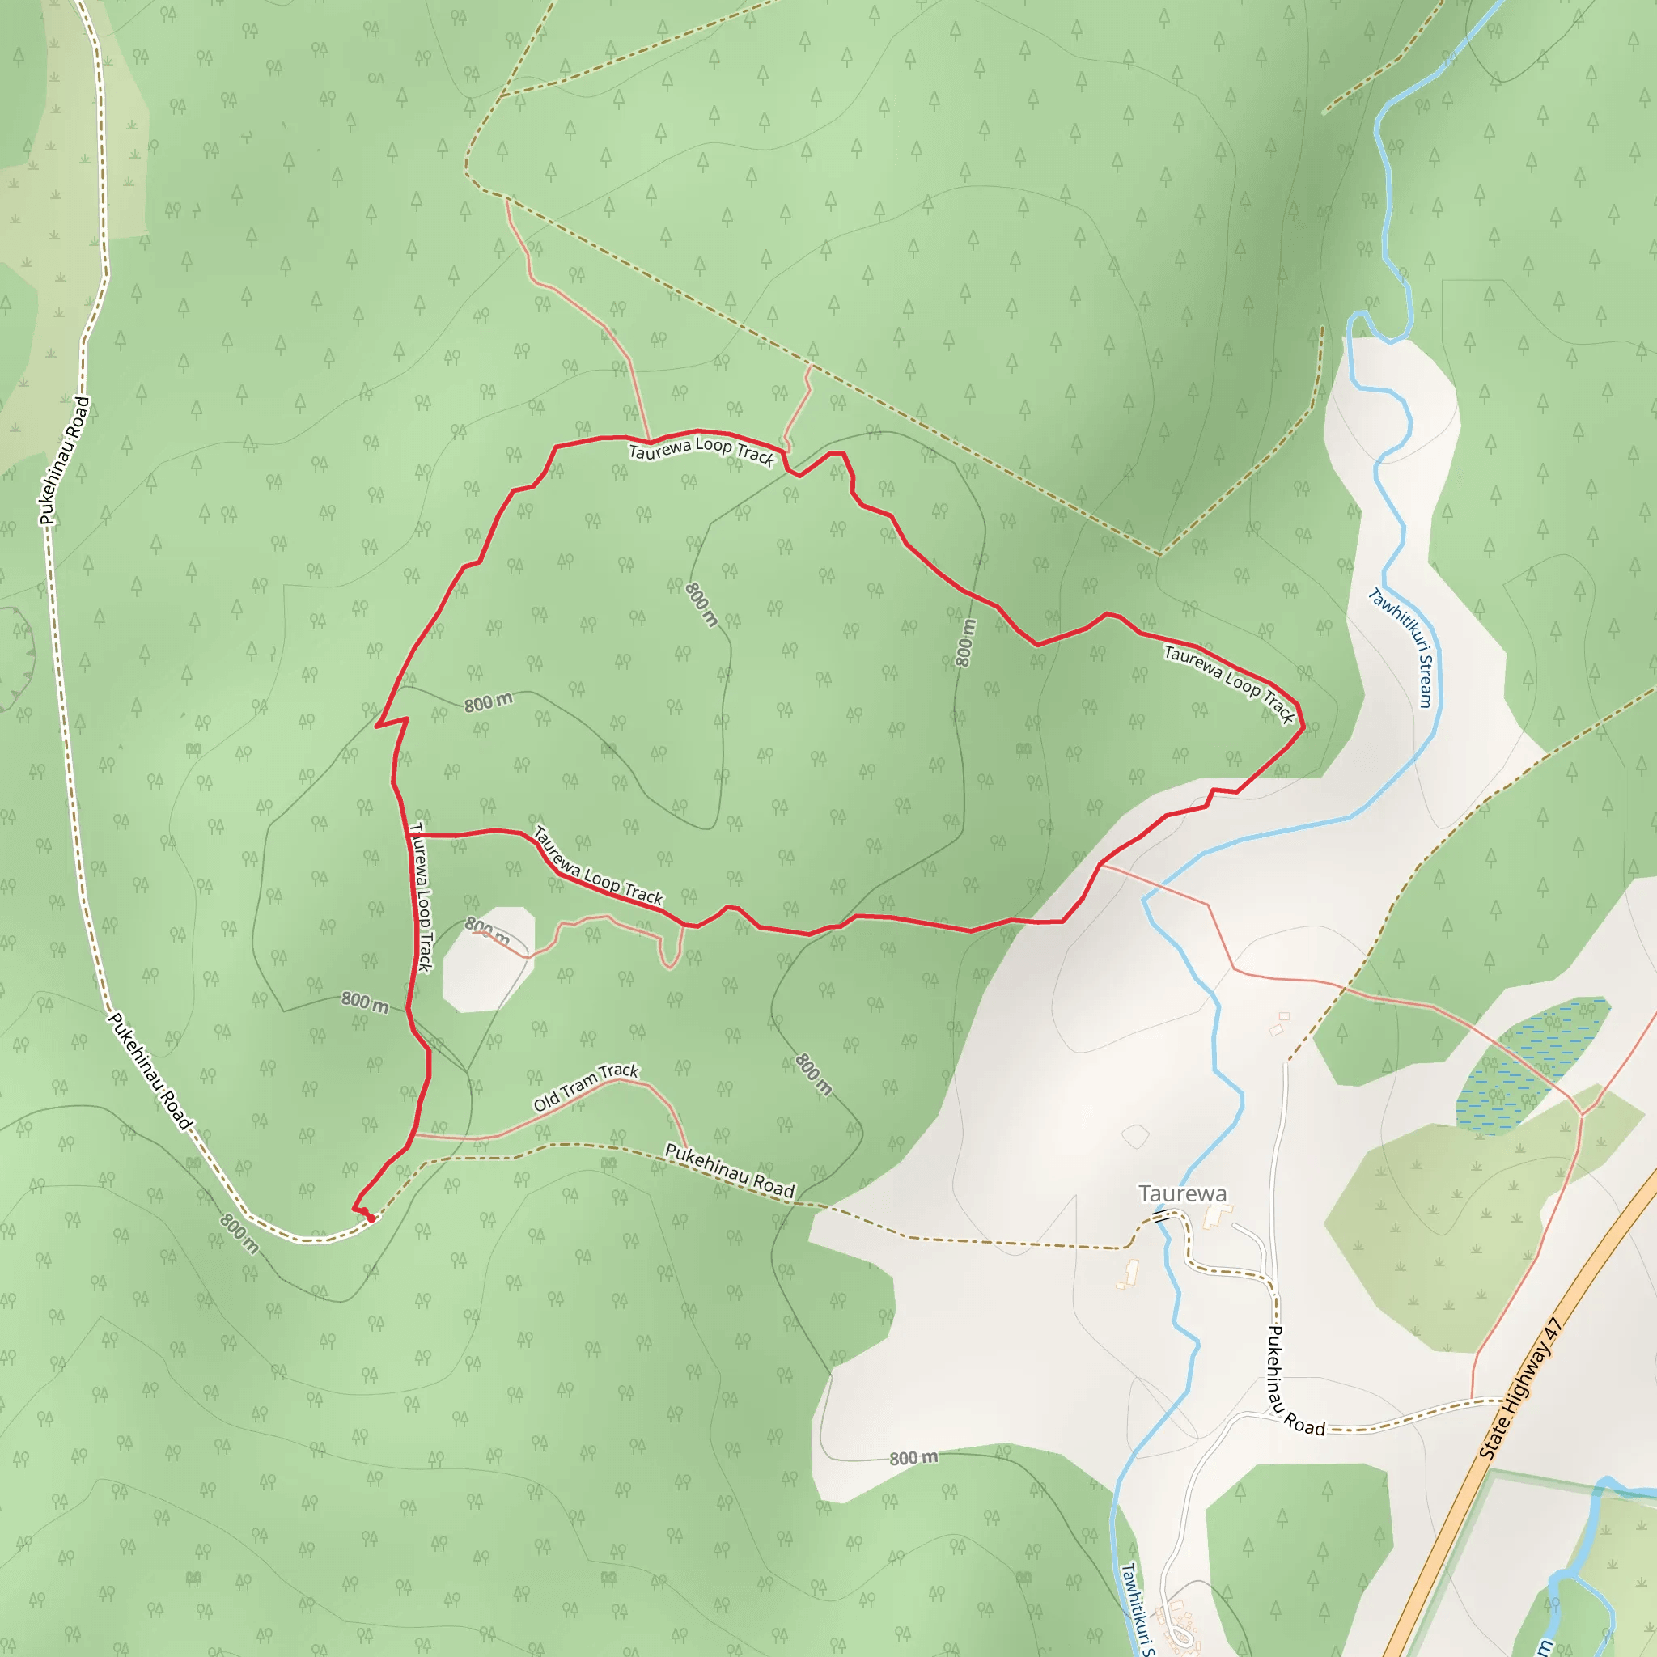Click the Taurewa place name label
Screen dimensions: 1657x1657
click(x=1182, y=1193)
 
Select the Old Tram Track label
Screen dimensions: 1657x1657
click(x=586, y=1087)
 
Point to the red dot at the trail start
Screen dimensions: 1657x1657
click(x=371, y=1218)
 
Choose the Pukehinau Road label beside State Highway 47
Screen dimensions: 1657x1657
click(x=1295, y=1382)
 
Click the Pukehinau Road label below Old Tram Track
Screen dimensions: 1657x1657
click(x=730, y=1171)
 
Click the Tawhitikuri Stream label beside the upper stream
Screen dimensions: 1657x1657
click(x=1401, y=647)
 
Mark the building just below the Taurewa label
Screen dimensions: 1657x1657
click(x=1216, y=1215)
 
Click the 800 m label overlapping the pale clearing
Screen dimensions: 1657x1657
click(x=487, y=930)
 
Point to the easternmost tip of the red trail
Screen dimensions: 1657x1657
click(x=1303, y=727)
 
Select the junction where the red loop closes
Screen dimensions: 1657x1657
click(x=409, y=834)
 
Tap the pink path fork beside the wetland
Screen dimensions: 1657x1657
click(x=1583, y=1115)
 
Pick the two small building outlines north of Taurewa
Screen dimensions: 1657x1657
click(x=1281, y=1023)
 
